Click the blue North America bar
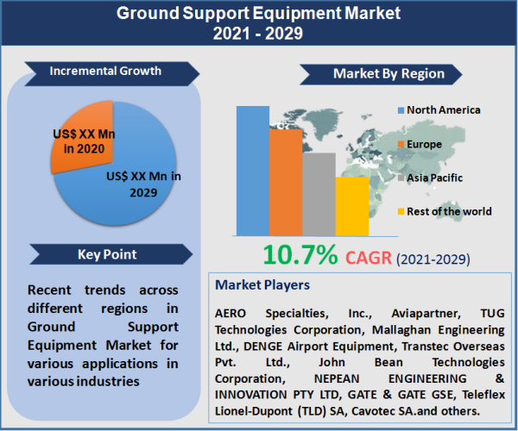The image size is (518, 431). [x=252, y=171]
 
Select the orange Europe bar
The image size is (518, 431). [x=285, y=182]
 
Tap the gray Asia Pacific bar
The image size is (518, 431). [x=319, y=194]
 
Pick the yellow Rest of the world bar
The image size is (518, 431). [x=351, y=206]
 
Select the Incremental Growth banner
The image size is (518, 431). [x=105, y=71]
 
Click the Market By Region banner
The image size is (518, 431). [x=388, y=73]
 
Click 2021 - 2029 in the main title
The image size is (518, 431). [x=258, y=35]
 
